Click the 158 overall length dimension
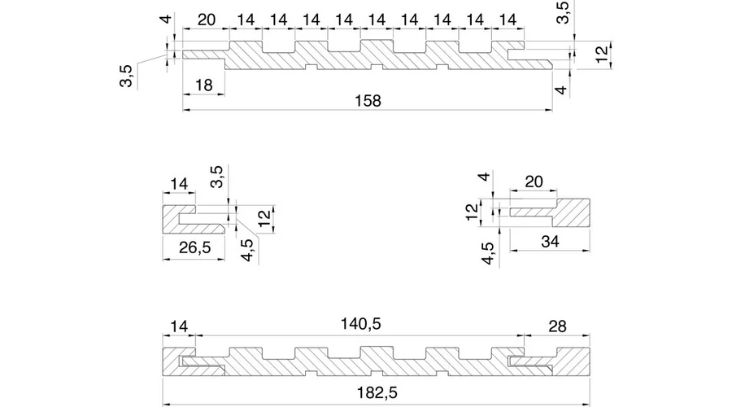pyautogui.click(x=368, y=100)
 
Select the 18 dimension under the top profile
pyautogui.click(x=204, y=85)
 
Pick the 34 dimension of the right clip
pyautogui.click(x=551, y=242)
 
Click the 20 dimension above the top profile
pyautogui.click(x=207, y=19)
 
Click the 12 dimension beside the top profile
pyautogui.click(x=602, y=55)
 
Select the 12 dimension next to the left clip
pyautogui.click(x=263, y=217)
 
